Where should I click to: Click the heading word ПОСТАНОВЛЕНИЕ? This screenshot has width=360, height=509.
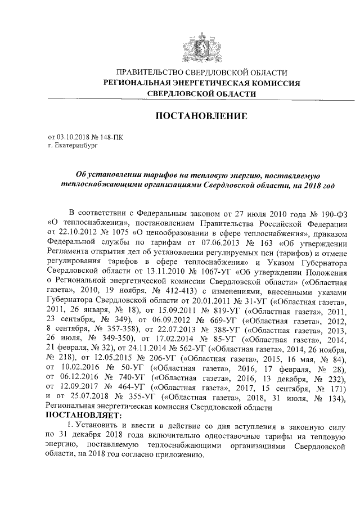(x=201, y=116)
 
